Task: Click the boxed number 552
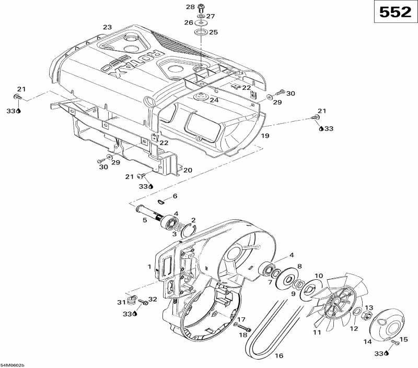click(x=395, y=13)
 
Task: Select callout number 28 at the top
click(x=190, y=7)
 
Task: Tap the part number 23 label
click(x=107, y=27)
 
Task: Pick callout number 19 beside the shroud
click(x=265, y=136)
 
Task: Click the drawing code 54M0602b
click(x=13, y=365)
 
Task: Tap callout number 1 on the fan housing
click(x=150, y=267)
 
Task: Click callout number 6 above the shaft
click(x=175, y=196)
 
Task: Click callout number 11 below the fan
click(x=317, y=333)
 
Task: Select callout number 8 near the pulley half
click(x=299, y=266)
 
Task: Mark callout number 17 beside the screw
click(x=241, y=319)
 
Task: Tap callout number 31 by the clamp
click(x=121, y=303)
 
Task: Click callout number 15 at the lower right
click(x=403, y=340)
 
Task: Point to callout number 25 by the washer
click(x=213, y=32)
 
